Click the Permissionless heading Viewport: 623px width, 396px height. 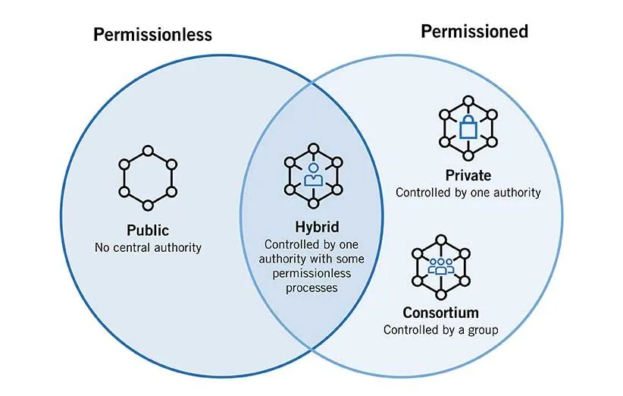point(152,35)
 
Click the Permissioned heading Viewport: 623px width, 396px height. point(474,32)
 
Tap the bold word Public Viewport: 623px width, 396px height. point(148,231)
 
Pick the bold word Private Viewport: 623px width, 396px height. point(468,176)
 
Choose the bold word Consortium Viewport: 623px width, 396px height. point(440,313)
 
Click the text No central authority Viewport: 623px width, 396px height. point(148,247)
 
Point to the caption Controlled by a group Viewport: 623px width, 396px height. point(440,330)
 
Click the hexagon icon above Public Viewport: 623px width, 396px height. point(149,181)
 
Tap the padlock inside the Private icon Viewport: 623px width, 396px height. point(468,127)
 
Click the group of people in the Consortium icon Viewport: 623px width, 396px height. point(440,266)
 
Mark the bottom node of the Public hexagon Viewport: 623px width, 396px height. point(149,204)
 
